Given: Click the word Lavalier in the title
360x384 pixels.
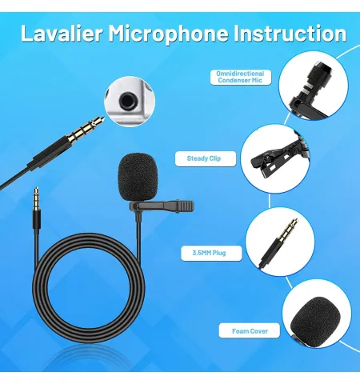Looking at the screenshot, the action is (x=62, y=34).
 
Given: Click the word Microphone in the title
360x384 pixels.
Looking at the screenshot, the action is (x=168, y=34).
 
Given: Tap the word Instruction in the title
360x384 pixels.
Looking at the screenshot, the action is (x=290, y=34).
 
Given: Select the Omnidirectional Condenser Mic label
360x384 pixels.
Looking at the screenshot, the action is (x=241, y=77).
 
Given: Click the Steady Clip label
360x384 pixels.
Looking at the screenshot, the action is (x=206, y=158).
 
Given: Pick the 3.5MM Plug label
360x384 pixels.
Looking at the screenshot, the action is (x=211, y=253).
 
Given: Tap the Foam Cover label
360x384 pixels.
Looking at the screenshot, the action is (x=250, y=330).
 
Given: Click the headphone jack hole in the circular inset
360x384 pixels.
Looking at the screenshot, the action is (x=126, y=102).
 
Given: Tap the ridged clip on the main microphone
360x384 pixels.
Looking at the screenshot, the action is (x=162, y=206).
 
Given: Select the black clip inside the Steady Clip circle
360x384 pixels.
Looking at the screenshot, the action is (x=278, y=158).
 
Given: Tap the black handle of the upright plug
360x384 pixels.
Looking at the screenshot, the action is (x=36, y=220).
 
